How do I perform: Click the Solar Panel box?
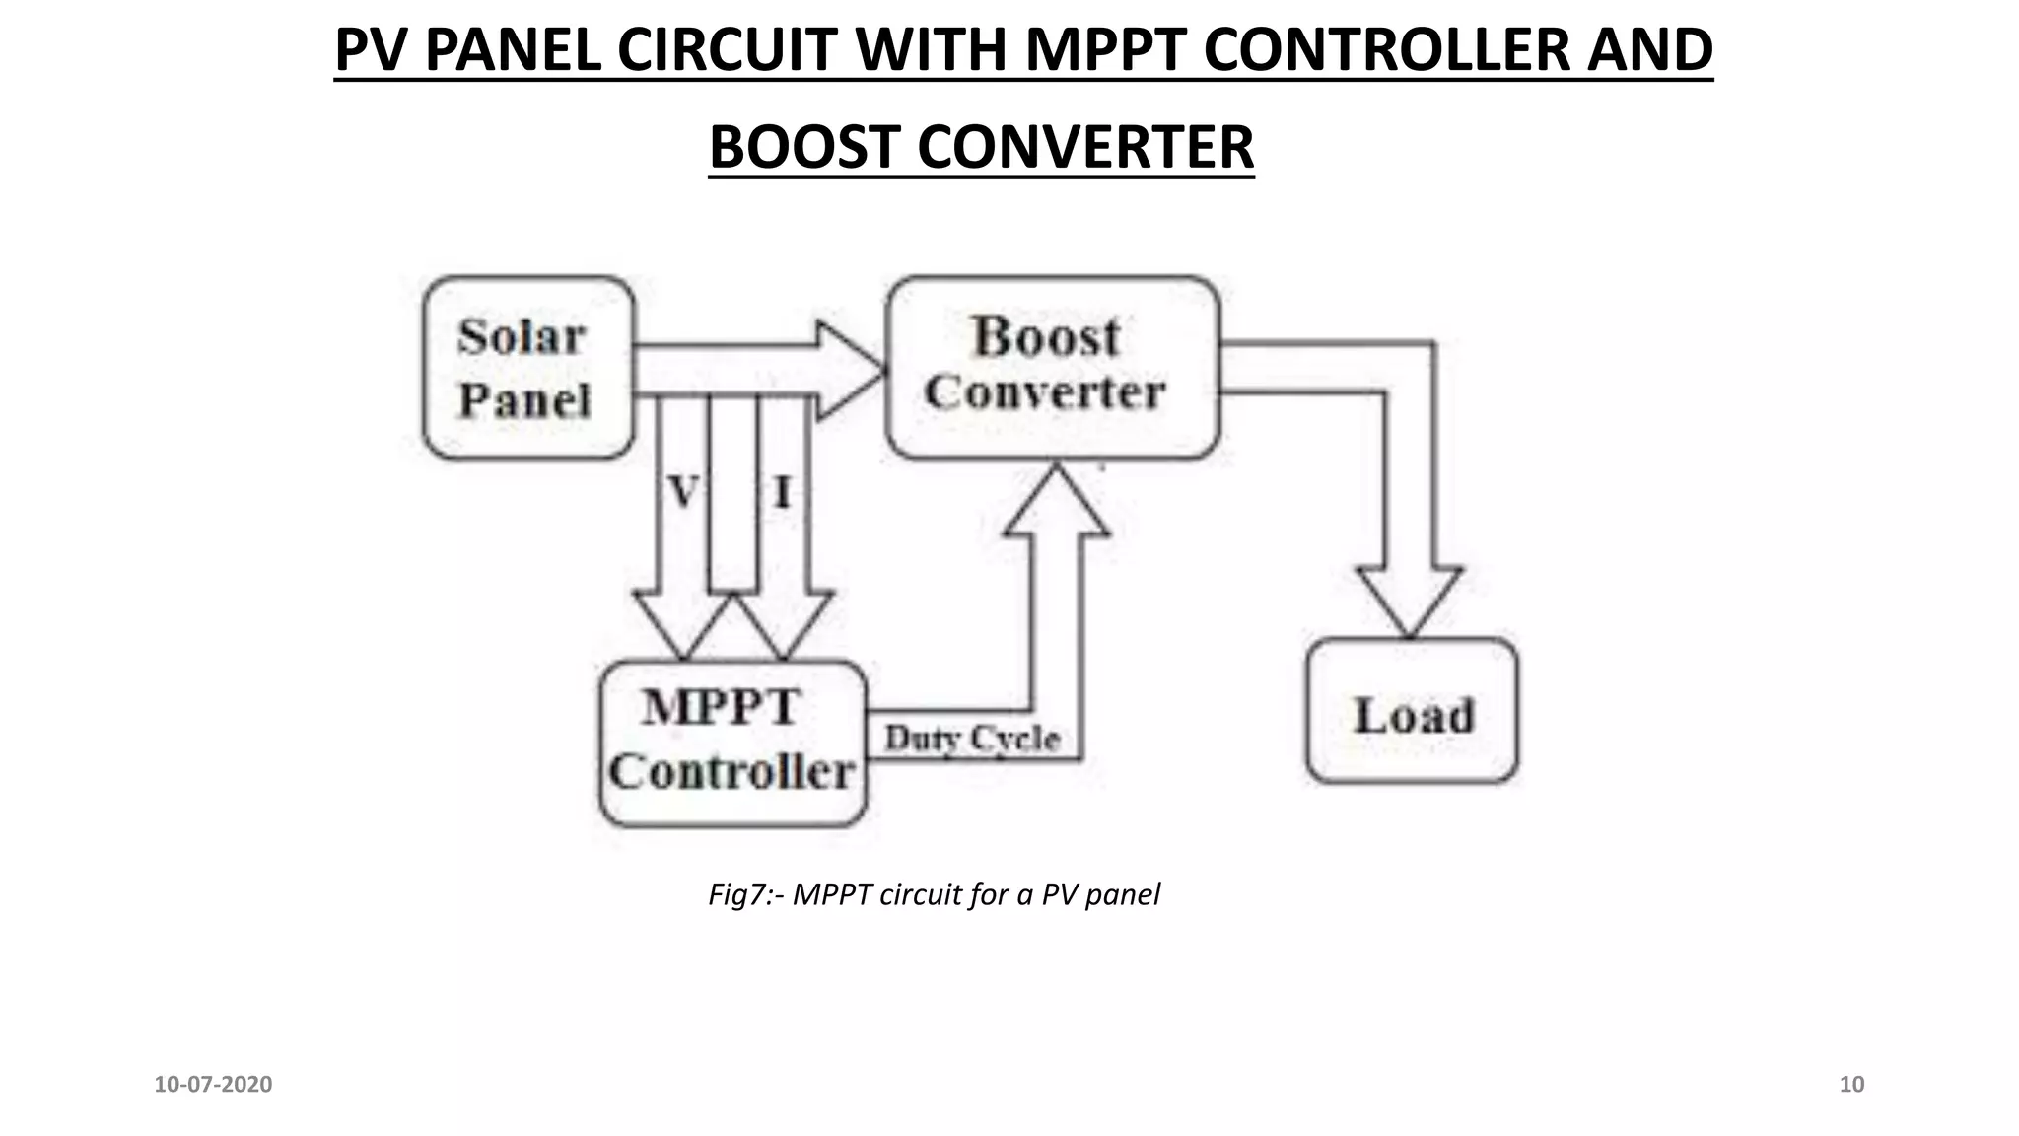pos(527,367)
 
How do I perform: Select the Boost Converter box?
pos(1052,367)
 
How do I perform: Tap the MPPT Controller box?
pos(732,742)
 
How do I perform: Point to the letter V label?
pos(683,491)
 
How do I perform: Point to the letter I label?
pos(782,491)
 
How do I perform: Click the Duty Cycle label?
pos(971,738)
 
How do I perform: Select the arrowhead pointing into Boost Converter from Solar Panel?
pos(848,370)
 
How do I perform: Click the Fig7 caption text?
pos(934,894)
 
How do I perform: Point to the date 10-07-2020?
pos(213,1085)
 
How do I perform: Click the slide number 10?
pos(1851,1085)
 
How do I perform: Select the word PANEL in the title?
pos(513,50)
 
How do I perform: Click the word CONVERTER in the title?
pos(1085,148)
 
